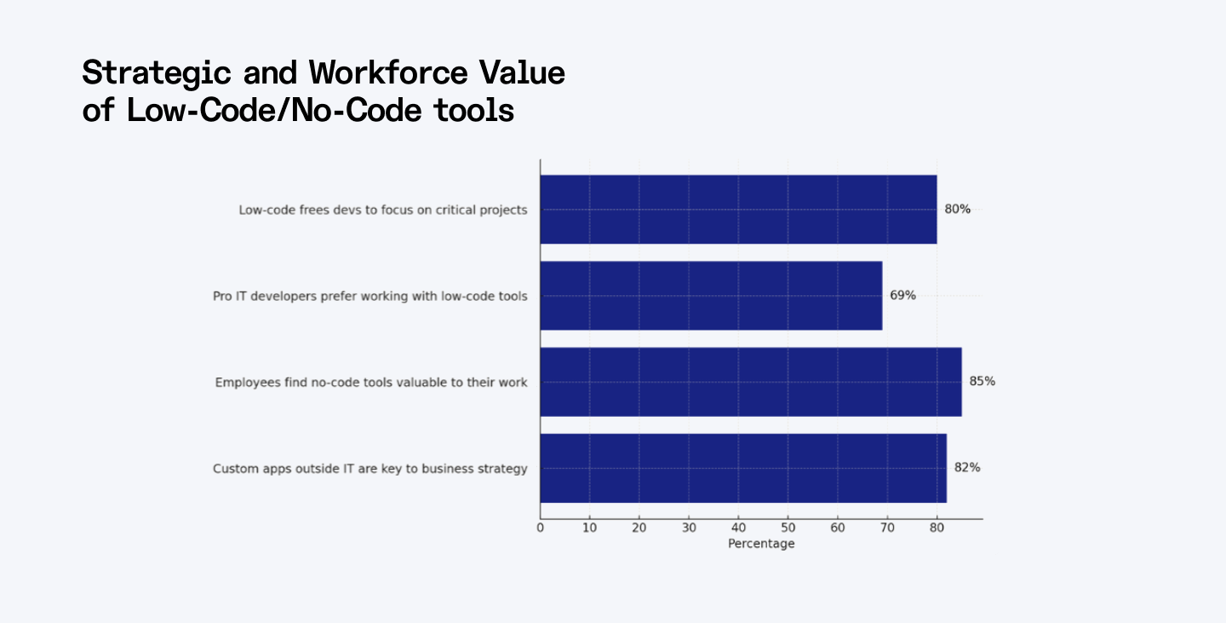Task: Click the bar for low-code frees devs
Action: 738,210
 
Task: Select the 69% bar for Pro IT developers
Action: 711,296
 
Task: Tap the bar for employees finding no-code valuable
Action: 751,382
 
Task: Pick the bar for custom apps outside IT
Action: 743,468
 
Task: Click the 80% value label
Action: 957,209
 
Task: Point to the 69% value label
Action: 902,296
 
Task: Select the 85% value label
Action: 982,382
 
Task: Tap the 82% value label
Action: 967,468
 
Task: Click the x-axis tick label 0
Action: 540,528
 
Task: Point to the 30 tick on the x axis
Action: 689,528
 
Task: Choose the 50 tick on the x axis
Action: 788,528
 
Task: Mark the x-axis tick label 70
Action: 887,528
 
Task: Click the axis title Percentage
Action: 761,544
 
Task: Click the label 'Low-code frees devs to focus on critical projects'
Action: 383,210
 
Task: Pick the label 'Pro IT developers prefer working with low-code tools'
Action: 370,297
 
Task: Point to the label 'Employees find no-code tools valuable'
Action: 371,383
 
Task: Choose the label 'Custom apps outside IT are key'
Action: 370,469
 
